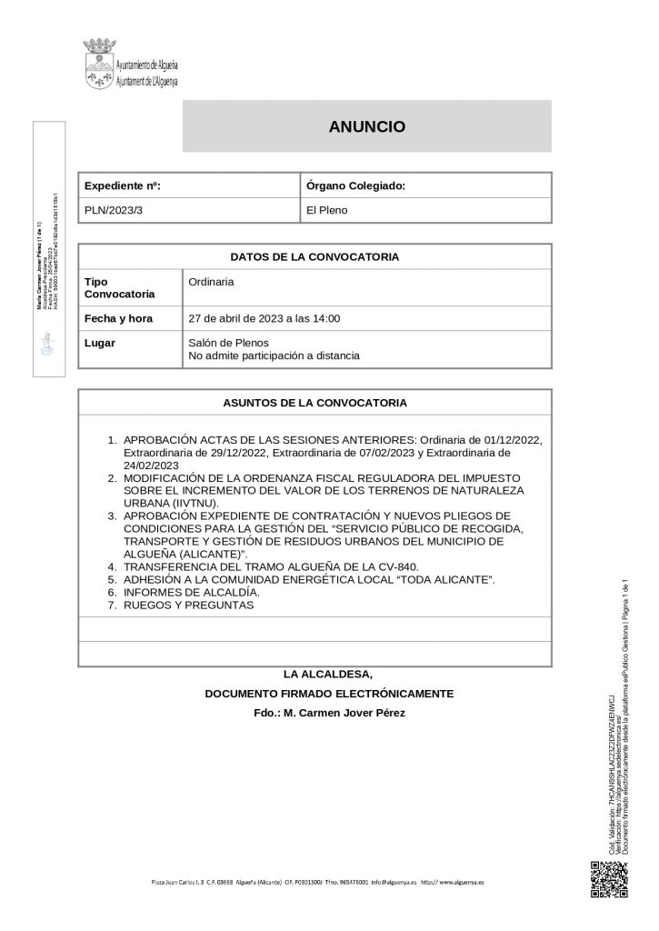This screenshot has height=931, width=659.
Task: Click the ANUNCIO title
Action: coord(366,127)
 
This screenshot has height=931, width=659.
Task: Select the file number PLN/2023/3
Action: coord(114,210)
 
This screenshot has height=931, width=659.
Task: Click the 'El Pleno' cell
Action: coord(327,210)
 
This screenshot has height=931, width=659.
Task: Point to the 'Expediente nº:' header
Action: coord(123,185)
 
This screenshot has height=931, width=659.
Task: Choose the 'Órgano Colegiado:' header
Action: coord(355,185)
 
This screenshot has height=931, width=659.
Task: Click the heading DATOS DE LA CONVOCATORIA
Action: coord(315,256)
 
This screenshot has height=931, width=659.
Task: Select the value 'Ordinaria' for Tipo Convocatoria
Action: coord(211,282)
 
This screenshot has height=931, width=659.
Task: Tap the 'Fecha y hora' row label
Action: coord(118,319)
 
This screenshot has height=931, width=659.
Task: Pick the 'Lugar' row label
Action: coord(99,344)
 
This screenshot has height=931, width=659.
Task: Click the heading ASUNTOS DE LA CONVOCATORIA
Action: coord(315,402)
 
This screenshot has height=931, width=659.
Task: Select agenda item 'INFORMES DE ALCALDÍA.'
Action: coord(192,592)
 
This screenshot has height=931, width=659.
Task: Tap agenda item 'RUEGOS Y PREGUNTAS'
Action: coord(188,605)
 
